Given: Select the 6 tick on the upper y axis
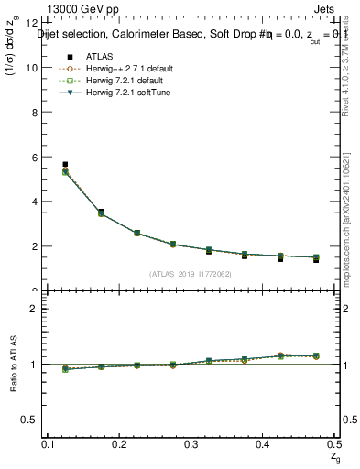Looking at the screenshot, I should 33,157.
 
